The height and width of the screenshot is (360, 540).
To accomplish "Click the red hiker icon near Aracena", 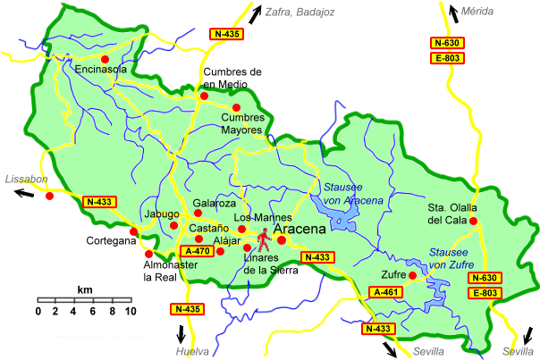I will [x=264, y=239].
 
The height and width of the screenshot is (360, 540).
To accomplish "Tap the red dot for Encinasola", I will [x=105, y=59].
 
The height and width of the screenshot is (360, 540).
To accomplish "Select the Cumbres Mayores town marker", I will [x=236, y=107].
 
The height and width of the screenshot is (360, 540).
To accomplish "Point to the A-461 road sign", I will [x=385, y=291].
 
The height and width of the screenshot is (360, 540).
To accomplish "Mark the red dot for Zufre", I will [x=411, y=276].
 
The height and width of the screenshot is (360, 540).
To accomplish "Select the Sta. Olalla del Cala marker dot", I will [x=474, y=222].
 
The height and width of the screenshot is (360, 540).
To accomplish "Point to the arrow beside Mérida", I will [x=453, y=12].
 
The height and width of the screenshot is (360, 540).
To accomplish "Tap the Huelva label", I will [x=193, y=351].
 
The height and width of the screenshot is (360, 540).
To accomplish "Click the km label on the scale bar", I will [x=85, y=290].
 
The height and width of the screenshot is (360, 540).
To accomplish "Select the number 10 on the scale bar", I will [x=130, y=311].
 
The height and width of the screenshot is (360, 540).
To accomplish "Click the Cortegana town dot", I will [x=133, y=232].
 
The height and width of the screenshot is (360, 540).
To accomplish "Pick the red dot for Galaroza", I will [x=198, y=214].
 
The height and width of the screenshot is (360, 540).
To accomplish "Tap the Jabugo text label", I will [x=160, y=214].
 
